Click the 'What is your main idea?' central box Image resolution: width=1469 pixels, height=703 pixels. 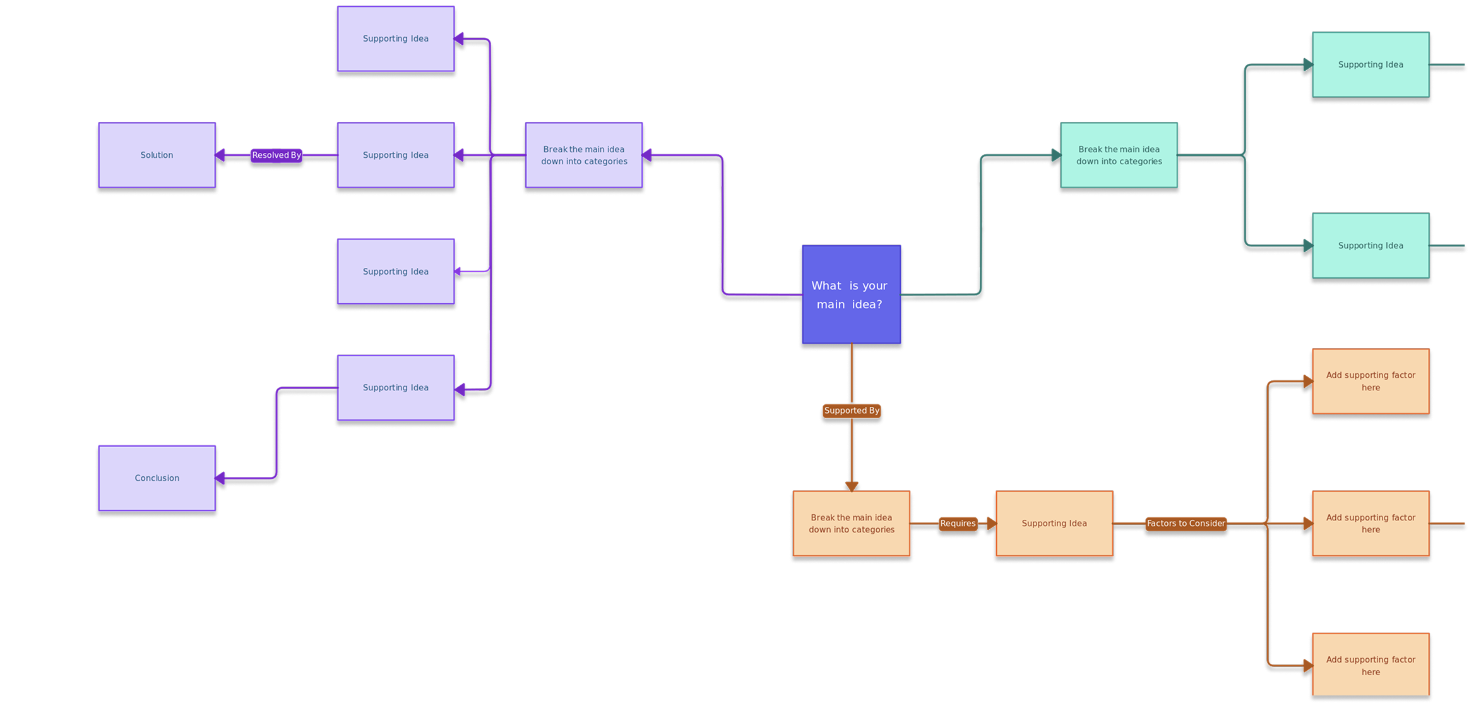point(851,294)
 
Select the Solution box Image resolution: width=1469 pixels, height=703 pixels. point(157,155)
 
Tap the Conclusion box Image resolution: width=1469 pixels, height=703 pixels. point(157,478)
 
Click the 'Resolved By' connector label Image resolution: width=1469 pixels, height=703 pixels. point(276,155)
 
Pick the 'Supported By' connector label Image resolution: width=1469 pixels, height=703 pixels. point(852,411)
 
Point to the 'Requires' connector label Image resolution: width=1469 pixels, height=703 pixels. point(958,523)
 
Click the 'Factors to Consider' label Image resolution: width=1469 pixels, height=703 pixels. point(1186,523)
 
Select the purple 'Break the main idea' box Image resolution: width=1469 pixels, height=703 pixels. point(584,155)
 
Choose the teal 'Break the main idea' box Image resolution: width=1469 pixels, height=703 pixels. point(1119,155)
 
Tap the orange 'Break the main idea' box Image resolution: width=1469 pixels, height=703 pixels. point(851,523)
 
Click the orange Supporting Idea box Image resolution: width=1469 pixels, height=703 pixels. point(1054,523)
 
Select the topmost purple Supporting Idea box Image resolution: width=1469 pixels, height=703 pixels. point(396,39)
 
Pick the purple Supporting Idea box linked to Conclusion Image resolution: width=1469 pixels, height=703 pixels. point(396,387)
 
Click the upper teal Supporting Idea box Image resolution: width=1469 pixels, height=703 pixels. point(1371,64)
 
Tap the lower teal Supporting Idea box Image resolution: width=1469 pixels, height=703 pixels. point(1371,245)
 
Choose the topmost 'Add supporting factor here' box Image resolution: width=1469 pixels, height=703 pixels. point(1371,381)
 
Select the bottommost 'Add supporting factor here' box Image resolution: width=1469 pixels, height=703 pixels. point(1371,665)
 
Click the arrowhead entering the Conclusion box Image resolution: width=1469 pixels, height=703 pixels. point(220,478)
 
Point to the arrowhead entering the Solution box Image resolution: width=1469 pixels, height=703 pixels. point(220,155)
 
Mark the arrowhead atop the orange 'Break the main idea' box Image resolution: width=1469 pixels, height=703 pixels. point(852,486)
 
